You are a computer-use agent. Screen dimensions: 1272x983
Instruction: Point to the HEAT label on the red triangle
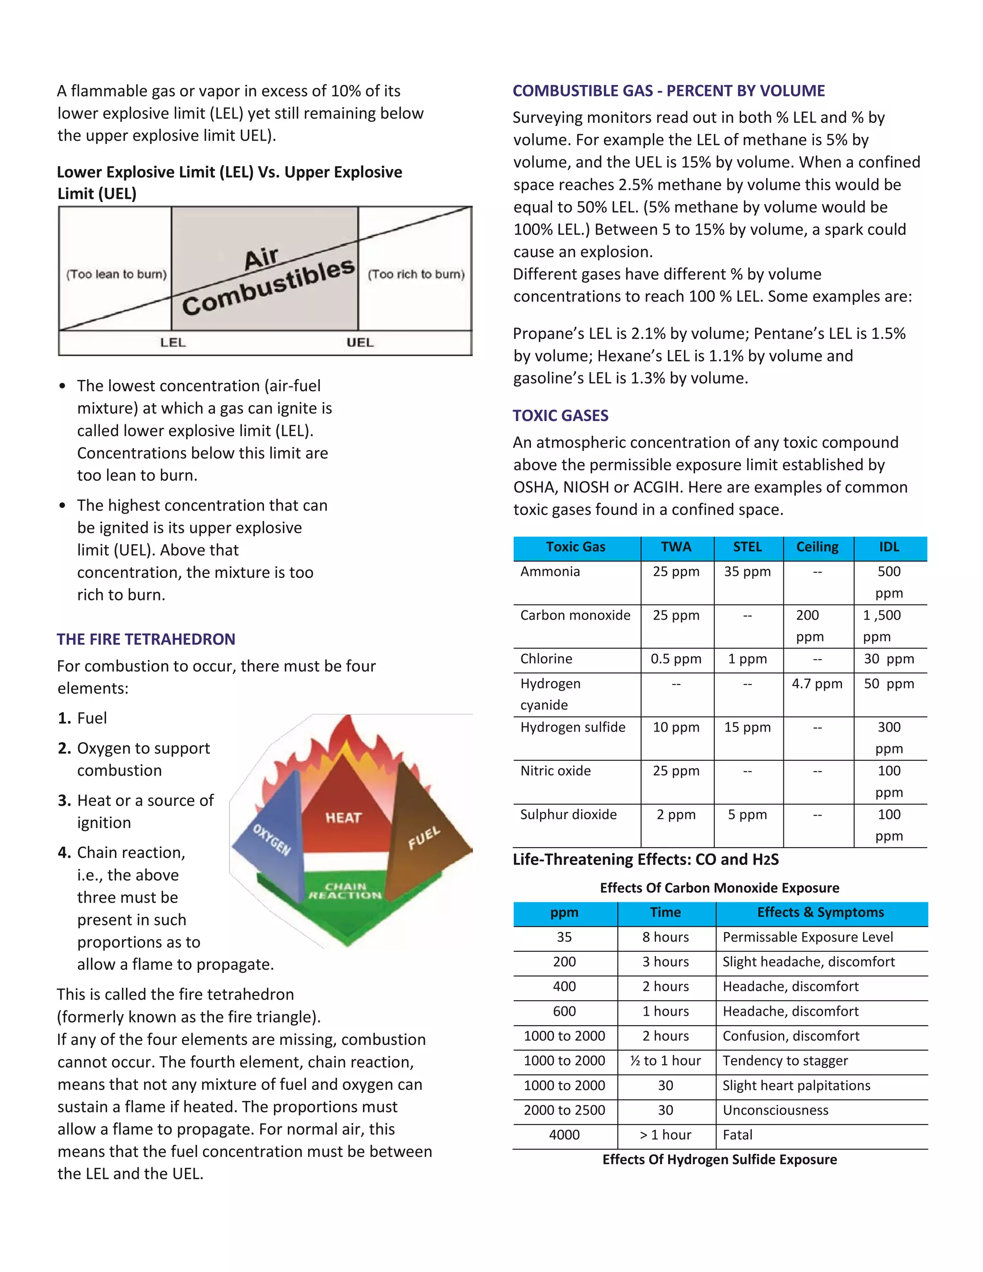(343, 818)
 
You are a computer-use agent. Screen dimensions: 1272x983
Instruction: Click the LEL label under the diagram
(172, 342)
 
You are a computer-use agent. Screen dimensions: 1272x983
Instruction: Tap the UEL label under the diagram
(360, 342)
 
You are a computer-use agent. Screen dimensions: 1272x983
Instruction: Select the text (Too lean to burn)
(117, 274)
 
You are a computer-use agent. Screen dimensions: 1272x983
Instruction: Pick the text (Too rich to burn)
(416, 274)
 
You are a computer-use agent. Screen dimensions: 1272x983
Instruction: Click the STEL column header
(747, 547)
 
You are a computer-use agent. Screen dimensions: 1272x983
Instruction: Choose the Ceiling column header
(817, 547)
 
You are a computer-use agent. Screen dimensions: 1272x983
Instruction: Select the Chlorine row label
(546, 659)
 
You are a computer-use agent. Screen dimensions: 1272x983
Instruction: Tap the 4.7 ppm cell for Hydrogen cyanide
(816, 683)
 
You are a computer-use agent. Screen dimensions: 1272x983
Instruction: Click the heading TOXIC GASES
(560, 415)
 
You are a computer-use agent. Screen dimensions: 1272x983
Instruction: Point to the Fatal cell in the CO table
(737, 1135)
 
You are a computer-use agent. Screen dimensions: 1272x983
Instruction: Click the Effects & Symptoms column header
(820, 912)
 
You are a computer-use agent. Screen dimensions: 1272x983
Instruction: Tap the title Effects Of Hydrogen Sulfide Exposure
(719, 1159)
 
